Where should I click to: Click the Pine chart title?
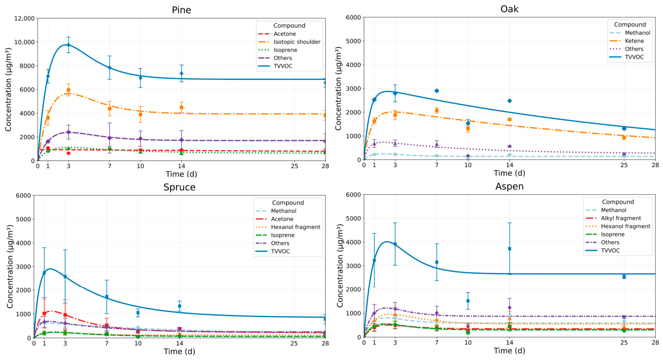[181, 10]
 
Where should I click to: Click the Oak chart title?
[509, 9]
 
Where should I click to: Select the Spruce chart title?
[179, 187]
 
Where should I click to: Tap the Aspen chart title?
[509, 186]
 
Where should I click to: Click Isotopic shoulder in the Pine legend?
[297, 42]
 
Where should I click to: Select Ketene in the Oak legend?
[634, 41]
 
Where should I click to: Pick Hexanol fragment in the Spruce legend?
[295, 227]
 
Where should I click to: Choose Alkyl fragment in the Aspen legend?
[621, 218]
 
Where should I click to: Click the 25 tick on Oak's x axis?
[624, 165]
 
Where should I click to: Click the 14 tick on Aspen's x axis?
[509, 343]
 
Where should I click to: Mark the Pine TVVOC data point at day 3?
[69, 45]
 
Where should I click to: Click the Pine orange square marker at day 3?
[69, 90]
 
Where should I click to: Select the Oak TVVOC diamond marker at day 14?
[509, 101]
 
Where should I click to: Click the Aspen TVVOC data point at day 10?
[468, 301]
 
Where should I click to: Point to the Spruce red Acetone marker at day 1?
[45, 314]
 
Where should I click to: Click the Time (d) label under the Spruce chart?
[179, 352]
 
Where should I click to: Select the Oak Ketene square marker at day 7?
[437, 111]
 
